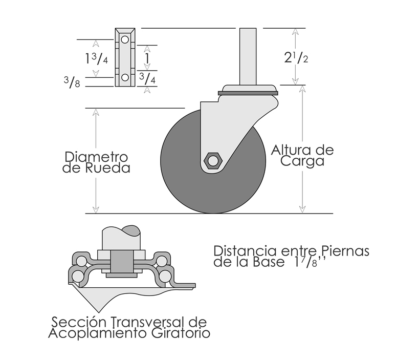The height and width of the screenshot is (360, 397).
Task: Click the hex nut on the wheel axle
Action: pyautogui.click(x=213, y=160)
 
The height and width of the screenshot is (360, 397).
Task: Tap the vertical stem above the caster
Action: pyautogui.click(x=248, y=56)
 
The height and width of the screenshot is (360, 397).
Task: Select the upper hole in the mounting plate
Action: pyautogui.click(x=125, y=39)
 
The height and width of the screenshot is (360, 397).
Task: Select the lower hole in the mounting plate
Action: pyautogui.click(x=125, y=77)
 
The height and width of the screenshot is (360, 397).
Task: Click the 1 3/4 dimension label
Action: pyautogui.click(x=97, y=58)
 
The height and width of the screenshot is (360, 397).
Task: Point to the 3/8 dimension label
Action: pyautogui.click(x=72, y=82)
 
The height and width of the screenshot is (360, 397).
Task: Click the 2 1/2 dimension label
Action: pyautogui.click(x=296, y=58)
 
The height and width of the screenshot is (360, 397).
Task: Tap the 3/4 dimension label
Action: pyautogui.click(x=148, y=78)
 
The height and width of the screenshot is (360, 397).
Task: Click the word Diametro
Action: pyautogui.click(x=96, y=157)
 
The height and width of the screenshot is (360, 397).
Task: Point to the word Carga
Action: pyautogui.click(x=302, y=161)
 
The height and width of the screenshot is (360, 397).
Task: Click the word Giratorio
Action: pyautogui.click(x=181, y=333)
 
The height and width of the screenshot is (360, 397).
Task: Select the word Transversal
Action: pyautogui.click(x=149, y=322)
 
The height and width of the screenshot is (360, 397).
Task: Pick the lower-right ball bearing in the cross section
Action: pyautogui.click(x=165, y=276)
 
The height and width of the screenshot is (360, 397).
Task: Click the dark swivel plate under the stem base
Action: pyautogui.click(x=248, y=93)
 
